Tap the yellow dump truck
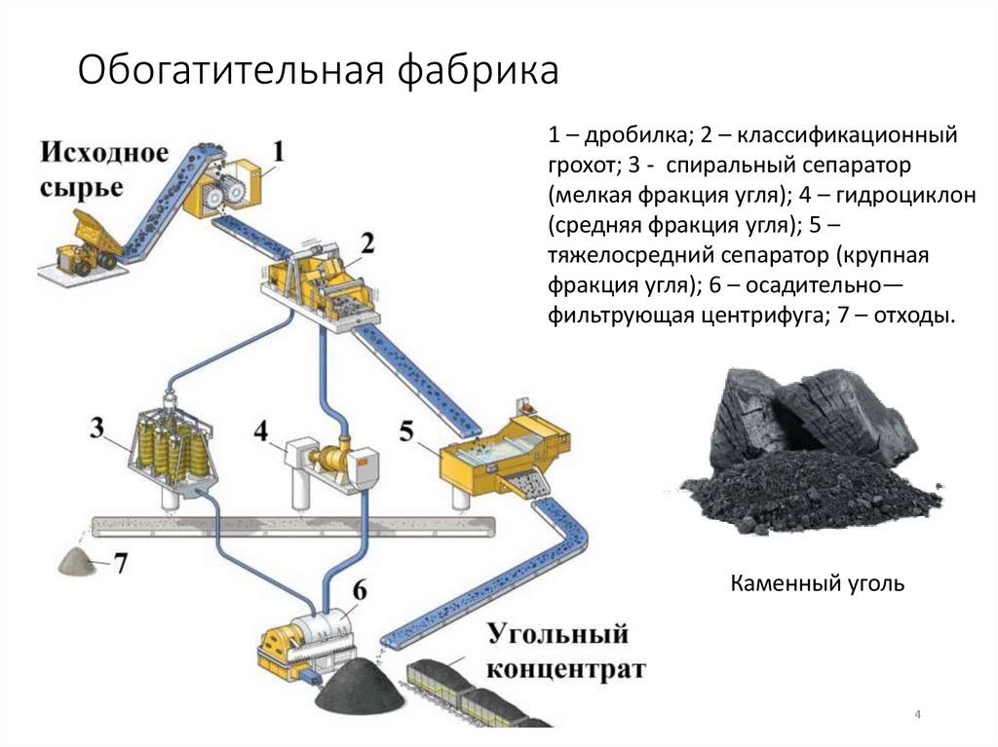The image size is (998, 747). [x=86, y=243]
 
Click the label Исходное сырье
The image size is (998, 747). [x=105, y=168]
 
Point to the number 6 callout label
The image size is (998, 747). [x=359, y=590]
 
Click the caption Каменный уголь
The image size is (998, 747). [x=818, y=584]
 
